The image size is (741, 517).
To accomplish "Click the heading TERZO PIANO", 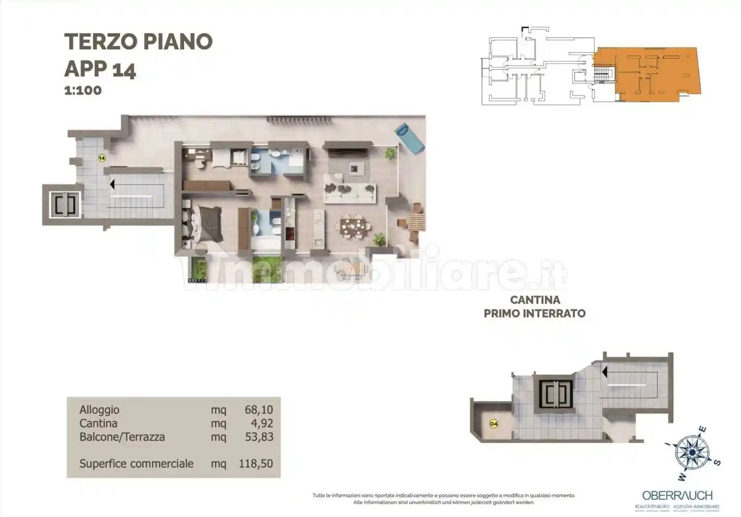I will (x=138, y=42).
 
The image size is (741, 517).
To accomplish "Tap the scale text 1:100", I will (x=83, y=91).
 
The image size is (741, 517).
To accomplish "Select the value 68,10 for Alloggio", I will (x=258, y=410).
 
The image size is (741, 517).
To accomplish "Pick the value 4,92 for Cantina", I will (x=262, y=423).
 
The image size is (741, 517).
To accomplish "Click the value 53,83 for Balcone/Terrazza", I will (x=259, y=437).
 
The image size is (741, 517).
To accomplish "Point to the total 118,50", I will (x=256, y=463).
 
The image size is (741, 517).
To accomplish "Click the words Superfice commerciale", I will (x=136, y=463).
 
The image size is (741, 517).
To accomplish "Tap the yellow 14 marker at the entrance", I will (x=102, y=158).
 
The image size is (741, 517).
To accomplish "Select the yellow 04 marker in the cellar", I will (x=494, y=423).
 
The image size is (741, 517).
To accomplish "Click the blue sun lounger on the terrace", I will (x=409, y=138).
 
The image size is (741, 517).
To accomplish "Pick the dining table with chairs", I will (x=354, y=227).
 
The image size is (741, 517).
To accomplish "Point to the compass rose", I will (x=691, y=452).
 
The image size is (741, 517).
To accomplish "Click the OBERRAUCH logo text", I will (x=677, y=495).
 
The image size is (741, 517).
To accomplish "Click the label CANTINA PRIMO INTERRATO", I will (x=535, y=306).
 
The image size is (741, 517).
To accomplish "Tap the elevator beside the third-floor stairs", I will (x=65, y=204).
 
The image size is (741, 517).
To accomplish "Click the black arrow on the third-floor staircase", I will (x=112, y=184).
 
